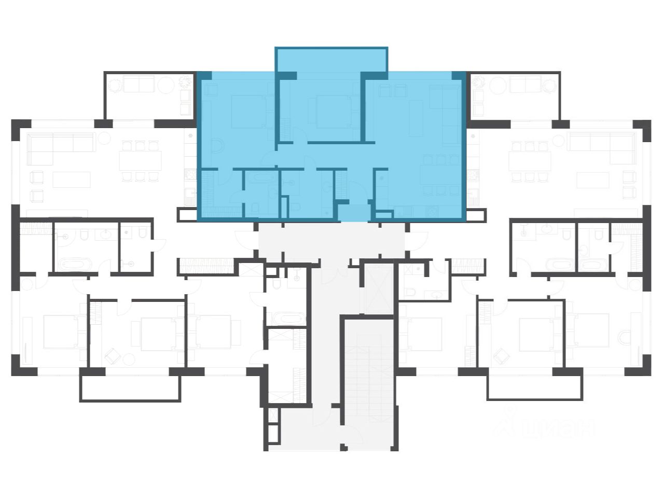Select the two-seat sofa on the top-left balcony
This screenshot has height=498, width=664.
pyautogui.click(x=139, y=84)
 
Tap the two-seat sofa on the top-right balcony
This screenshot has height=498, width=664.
pyautogui.click(x=525, y=84)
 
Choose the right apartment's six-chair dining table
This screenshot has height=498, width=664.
pyautogui.click(x=528, y=161)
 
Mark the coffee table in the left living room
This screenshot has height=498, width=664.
pyautogui.click(x=71, y=179)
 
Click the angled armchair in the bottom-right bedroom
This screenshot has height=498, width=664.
pyautogui.click(x=503, y=357)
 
